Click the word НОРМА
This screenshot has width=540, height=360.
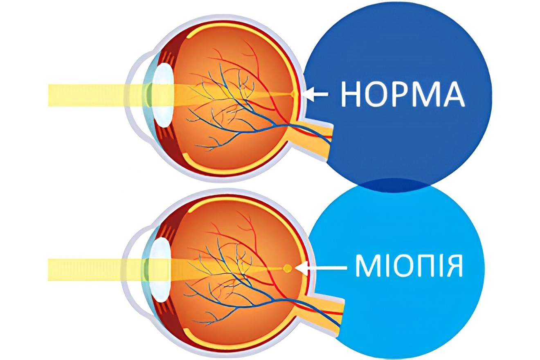coord(403,94)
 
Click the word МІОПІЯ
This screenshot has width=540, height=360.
coord(409,265)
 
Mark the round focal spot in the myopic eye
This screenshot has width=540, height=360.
coord(288,268)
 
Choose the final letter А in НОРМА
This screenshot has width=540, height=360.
coord(453,94)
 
